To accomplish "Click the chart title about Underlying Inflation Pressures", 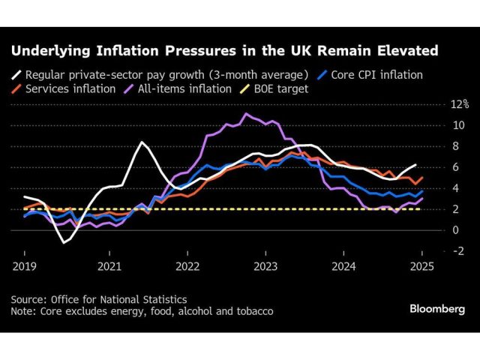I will pyautogui.click(x=224, y=52).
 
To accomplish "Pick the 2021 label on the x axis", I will pyautogui.click(x=109, y=265).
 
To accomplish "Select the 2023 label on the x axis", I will pyautogui.click(x=265, y=265).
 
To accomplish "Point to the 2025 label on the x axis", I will pyautogui.click(x=421, y=265).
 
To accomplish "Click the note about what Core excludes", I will pyautogui.click(x=142, y=311).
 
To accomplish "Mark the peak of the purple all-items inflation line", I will pyautogui.click(x=245, y=114).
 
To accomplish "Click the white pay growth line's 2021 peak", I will pyautogui.click(x=141, y=142).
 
